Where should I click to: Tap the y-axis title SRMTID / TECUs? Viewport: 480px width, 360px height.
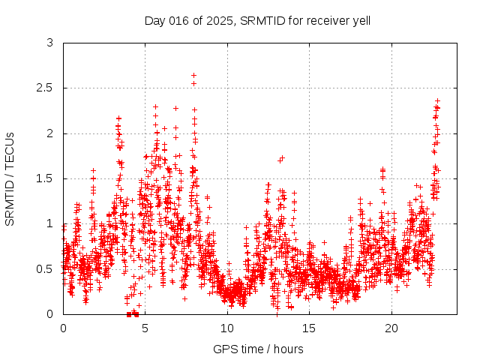pyautogui.click(x=10, y=179)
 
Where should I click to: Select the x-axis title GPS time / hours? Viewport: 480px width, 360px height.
pyautogui.click(x=259, y=349)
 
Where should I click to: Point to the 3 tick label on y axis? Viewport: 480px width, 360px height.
pyautogui.click(x=50, y=43)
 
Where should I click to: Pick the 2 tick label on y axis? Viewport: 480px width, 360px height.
pyautogui.click(x=50, y=133)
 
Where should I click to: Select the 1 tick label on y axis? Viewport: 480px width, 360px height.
pyautogui.click(x=50, y=223)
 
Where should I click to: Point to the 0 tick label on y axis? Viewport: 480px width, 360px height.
pyautogui.click(x=50, y=313)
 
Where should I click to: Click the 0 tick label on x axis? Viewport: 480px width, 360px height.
pyautogui.click(x=63, y=328)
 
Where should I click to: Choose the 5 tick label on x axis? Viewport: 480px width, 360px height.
pyautogui.click(x=145, y=328)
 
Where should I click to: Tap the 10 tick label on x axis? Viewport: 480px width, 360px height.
pyautogui.click(x=227, y=328)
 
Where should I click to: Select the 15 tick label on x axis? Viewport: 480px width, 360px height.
pyautogui.click(x=310, y=328)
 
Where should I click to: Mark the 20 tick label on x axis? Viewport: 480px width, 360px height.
pyautogui.click(x=391, y=328)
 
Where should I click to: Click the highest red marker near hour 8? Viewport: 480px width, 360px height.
pyautogui.click(x=193, y=75)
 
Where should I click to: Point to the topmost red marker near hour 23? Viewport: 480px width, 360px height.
pyautogui.click(x=437, y=100)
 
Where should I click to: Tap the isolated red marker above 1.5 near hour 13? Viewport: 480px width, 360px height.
pyautogui.click(x=282, y=158)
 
